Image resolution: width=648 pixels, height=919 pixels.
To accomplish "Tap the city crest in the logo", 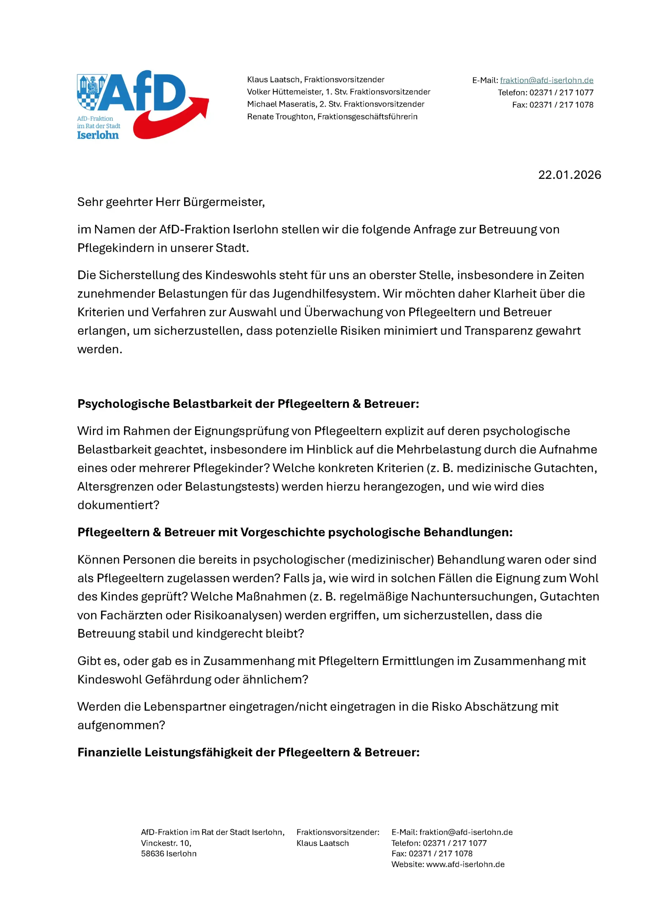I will (x=91, y=92).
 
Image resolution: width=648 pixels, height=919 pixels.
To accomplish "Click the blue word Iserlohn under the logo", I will (x=98, y=135).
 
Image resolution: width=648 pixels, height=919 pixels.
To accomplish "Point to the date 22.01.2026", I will (x=569, y=175).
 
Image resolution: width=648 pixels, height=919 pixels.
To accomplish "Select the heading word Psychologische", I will (x=123, y=404).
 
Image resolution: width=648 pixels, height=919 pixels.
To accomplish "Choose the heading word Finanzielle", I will (x=109, y=752).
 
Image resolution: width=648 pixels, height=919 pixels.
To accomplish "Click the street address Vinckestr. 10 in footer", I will (x=166, y=843).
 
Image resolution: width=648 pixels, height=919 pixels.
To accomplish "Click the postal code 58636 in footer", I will (x=152, y=854).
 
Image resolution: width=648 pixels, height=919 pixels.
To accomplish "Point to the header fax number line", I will (x=552, y=105).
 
